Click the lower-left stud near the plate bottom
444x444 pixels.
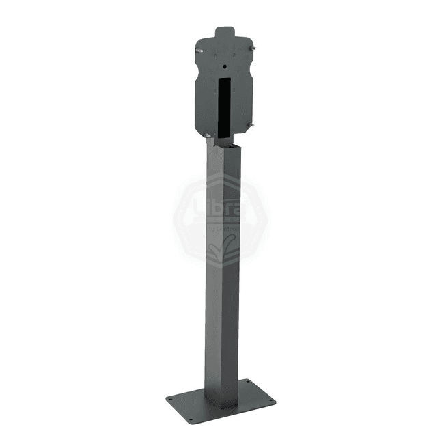pos(208,136)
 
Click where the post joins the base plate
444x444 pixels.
pos(223,396)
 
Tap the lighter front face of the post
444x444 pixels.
pos(215,273)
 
